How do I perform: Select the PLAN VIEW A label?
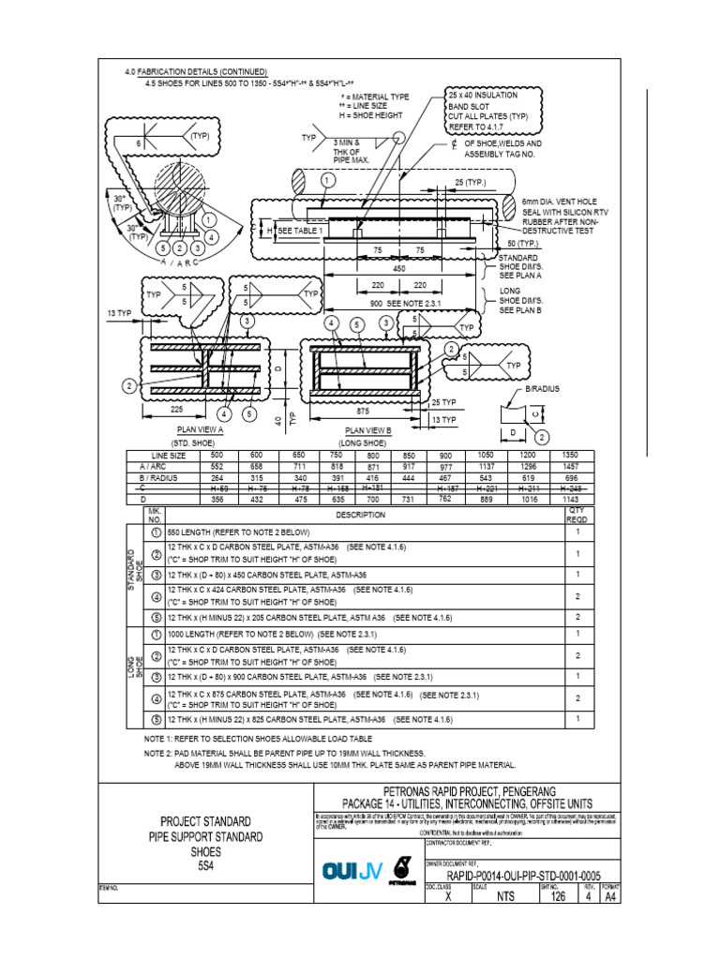coord(193,429)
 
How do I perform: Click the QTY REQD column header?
coord(577,515)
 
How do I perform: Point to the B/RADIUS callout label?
coord(542,387)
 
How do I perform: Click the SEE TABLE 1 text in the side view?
coord(300,231)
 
